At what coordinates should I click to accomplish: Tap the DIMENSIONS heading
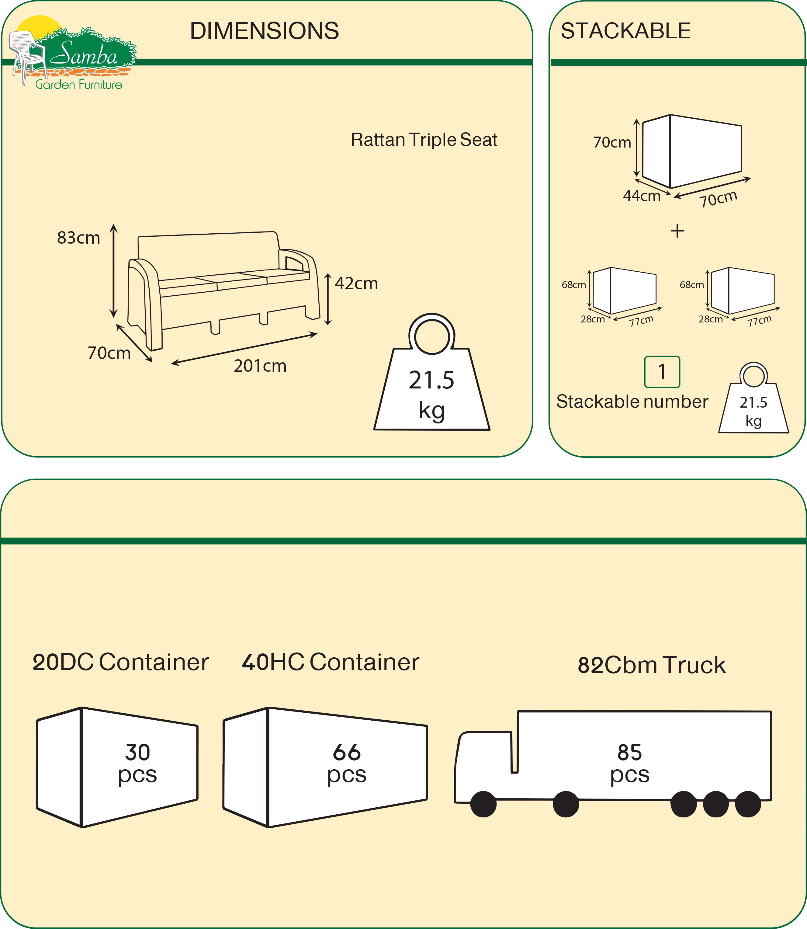pos(264,31)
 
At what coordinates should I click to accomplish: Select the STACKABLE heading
pos(625,31)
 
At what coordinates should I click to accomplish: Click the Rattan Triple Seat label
pos(424,140)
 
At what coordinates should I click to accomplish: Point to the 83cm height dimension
pos(78,238)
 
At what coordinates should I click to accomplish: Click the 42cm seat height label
pos(356,284)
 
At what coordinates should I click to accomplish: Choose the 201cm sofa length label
pos(260,366)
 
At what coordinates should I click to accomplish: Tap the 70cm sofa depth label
pos(109,353)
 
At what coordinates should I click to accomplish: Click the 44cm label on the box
pos(642,196)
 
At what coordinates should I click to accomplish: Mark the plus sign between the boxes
pos(677,231)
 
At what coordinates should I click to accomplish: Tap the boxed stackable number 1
pos(662,372)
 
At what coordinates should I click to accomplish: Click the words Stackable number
pos(632,402)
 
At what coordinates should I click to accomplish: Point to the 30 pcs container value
pos(137,762)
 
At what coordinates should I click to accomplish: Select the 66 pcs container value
pos(347,762)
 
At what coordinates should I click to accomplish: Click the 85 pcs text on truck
pos(629,762)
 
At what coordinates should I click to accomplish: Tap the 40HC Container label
pos(331,662)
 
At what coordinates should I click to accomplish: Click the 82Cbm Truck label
pos(652,665)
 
